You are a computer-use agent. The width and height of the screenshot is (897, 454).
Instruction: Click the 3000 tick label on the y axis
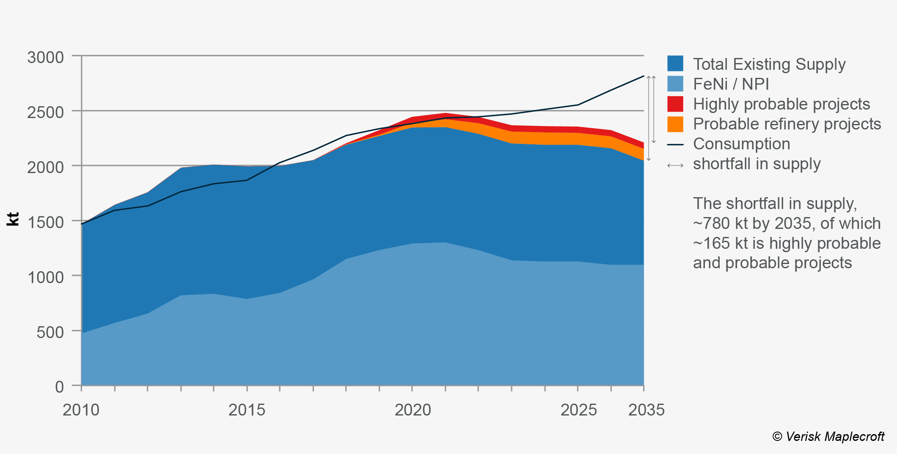coord(45,58)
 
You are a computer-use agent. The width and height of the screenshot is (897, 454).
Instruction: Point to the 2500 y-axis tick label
coord(45,113)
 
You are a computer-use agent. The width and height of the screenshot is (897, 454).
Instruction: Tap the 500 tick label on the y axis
coord(50,333)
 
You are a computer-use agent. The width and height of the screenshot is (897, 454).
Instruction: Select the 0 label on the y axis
coord(59,387)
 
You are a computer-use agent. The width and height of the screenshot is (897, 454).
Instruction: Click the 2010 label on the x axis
coord(81,410)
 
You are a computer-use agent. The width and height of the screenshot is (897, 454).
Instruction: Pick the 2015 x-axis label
coord(247,410)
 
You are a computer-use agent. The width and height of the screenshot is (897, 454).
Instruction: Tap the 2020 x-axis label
coord(413,410)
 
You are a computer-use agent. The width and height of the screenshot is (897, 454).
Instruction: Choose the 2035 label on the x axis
coord(646,410)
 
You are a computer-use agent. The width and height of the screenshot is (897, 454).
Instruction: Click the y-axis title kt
coord(14,219)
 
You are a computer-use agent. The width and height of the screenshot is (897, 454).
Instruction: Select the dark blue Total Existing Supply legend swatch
coord(675,64)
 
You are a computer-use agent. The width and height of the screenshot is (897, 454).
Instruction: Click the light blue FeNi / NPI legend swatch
coord(675,84)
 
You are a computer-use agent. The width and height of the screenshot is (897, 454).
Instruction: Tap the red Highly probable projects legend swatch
coord(675,104)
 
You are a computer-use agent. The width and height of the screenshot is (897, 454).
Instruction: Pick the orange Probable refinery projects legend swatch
coord(675,124)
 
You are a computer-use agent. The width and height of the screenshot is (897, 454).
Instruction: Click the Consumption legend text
coord(741,144)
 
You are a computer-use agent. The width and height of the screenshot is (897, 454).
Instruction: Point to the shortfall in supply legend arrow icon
coord(675,165)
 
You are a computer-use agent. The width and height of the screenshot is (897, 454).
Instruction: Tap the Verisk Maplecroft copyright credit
coord(828,437)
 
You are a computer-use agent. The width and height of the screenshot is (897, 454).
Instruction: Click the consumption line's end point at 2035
coord(644,76)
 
